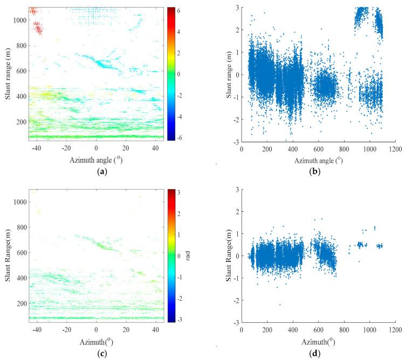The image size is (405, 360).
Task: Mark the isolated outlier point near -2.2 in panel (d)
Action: [280, 304]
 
